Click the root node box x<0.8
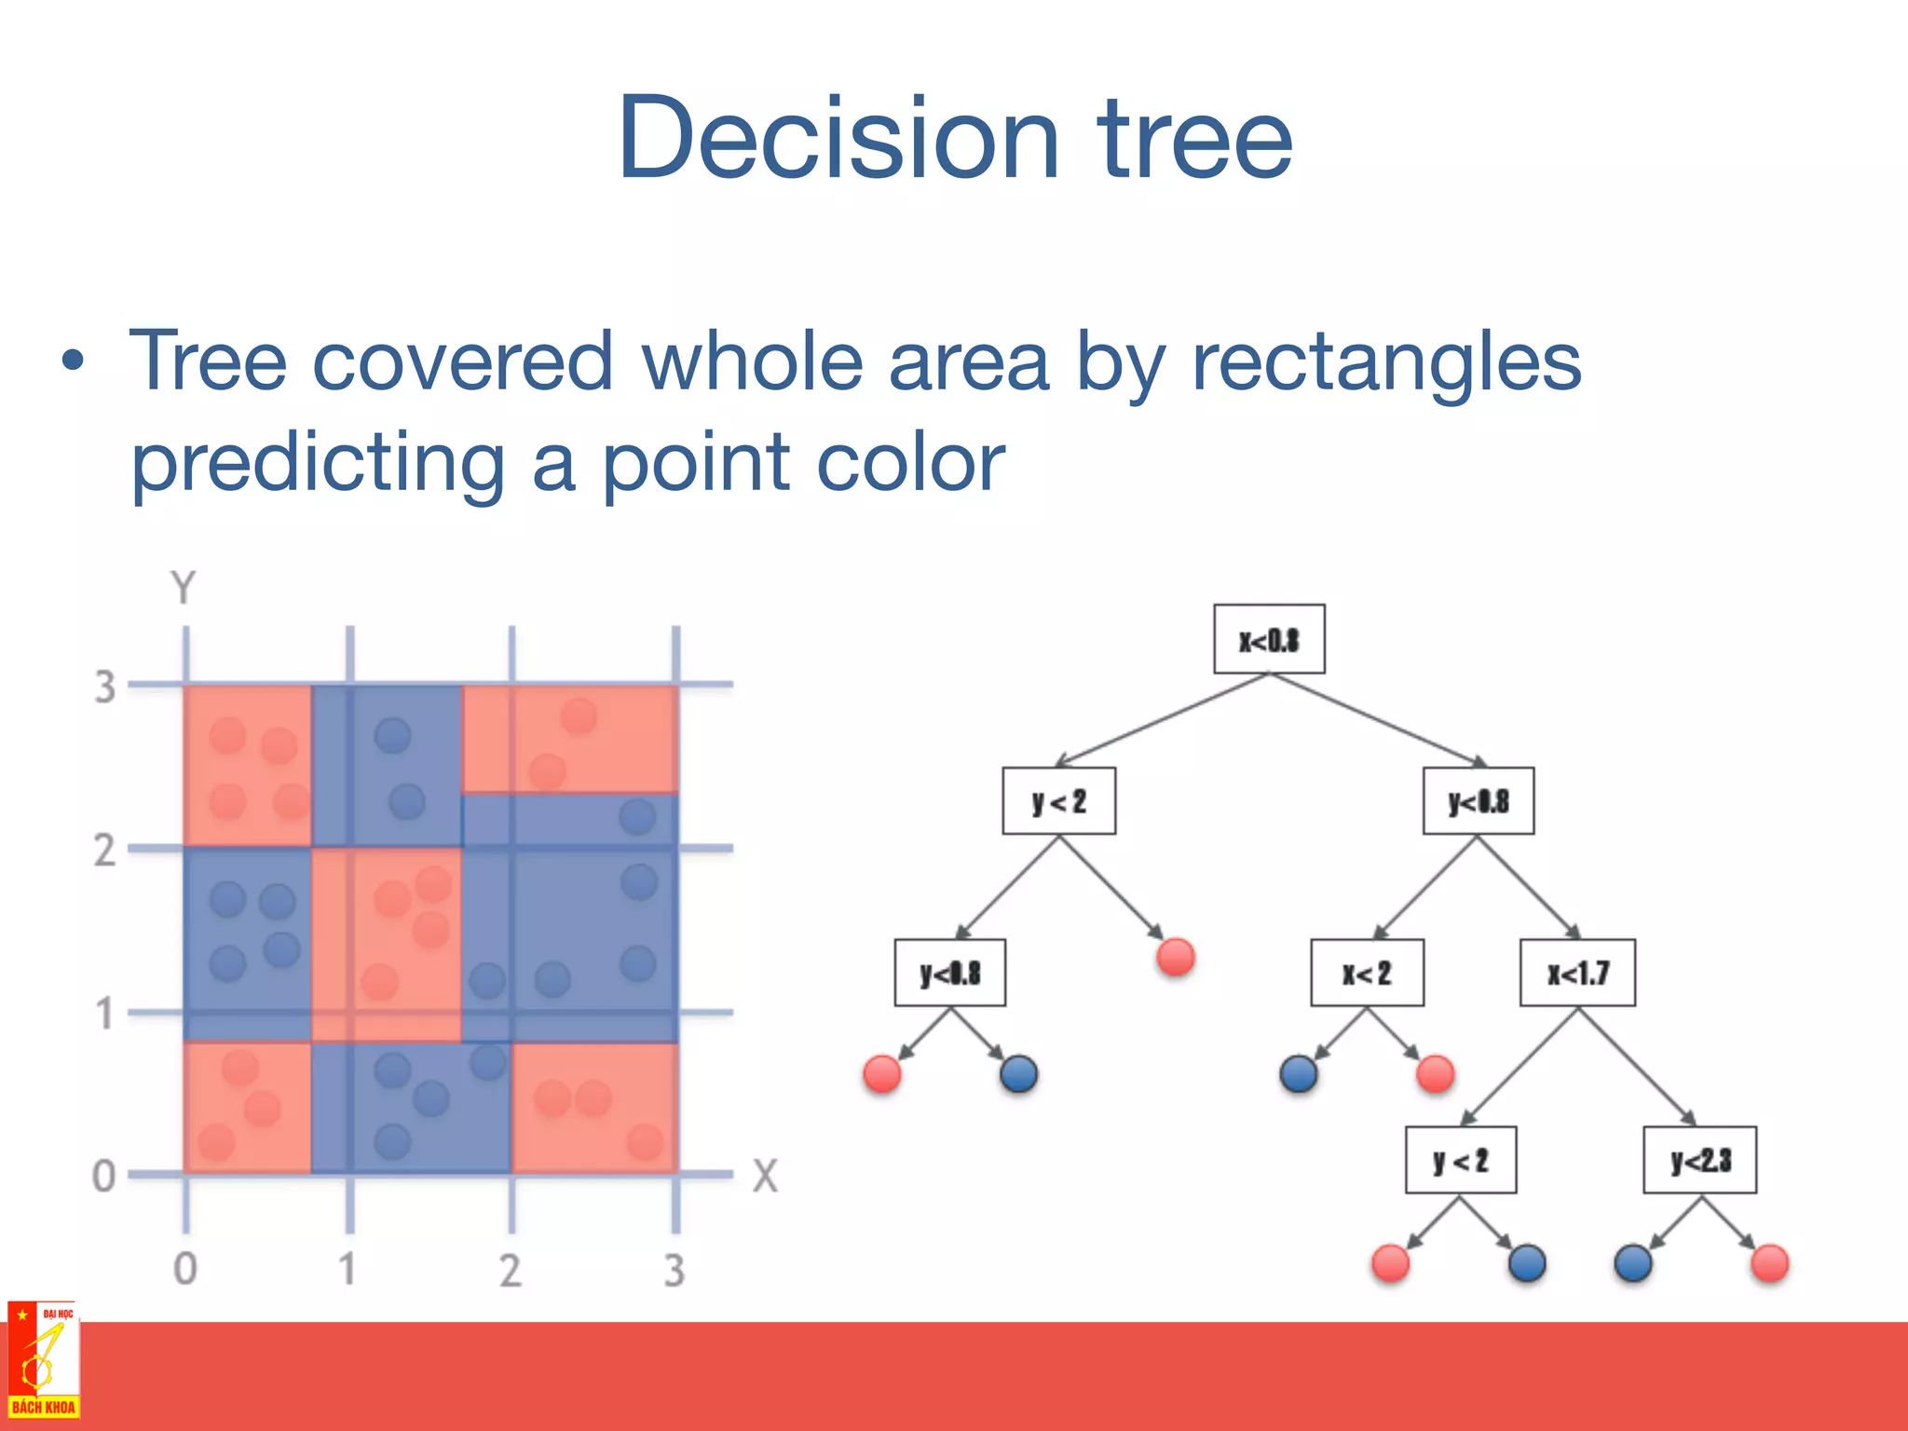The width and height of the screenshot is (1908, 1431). [1269, 639]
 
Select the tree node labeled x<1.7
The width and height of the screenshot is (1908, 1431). [1577, 973]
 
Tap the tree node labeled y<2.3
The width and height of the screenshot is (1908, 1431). [1700, 1160]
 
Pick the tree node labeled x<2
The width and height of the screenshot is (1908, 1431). [1367, 973]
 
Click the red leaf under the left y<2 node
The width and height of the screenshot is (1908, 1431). [1176, 957]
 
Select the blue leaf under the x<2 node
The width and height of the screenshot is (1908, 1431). [1299, 1073]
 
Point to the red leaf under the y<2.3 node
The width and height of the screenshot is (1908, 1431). [1770, 1263]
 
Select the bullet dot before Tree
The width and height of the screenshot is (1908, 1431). [73, 361]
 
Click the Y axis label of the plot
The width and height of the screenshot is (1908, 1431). [184, 589]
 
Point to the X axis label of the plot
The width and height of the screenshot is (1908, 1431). [765, 1176]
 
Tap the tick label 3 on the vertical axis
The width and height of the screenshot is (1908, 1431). [104, 688]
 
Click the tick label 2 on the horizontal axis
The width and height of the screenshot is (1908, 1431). [510, 1270]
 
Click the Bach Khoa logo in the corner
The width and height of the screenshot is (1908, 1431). [43, 1361]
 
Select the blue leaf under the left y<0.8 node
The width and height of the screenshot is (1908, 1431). [1019, 1073]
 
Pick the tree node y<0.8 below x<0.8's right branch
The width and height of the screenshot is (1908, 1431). [1479, 801]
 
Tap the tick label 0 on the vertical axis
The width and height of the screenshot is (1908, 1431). [104, 1176]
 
